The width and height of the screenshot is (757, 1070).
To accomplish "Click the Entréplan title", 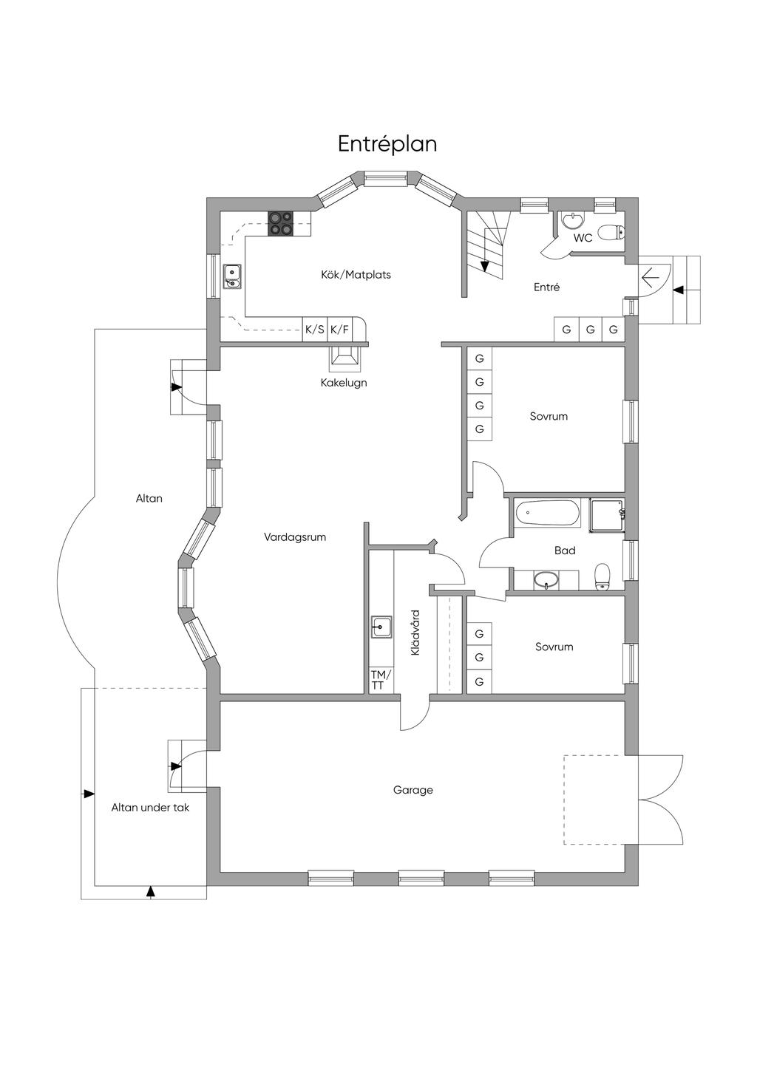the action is [387, 144].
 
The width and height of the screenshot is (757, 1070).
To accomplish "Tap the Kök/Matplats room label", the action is [356, 275].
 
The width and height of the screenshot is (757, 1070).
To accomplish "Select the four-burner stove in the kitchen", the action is [280, 223].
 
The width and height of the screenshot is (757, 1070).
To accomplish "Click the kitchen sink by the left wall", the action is [233, 277].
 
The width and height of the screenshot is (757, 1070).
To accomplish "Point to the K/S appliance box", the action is [315, 329].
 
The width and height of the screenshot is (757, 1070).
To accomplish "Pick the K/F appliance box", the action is [340, 329].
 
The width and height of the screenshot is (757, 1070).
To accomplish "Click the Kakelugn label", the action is [344, 383].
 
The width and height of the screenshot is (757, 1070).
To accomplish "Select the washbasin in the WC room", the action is [572, 219].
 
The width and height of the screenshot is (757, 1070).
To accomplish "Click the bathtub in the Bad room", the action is [548, 513].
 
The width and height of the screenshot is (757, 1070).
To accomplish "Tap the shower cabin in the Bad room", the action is [607, 515].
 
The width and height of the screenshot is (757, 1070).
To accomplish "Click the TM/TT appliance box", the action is [381, 681].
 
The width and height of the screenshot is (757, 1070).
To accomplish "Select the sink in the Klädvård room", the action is [382, 627].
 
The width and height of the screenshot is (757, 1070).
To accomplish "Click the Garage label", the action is [413, 790].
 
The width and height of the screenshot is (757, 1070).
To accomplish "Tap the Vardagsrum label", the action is [295, 537].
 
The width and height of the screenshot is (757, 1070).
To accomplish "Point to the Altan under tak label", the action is [150, 808].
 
